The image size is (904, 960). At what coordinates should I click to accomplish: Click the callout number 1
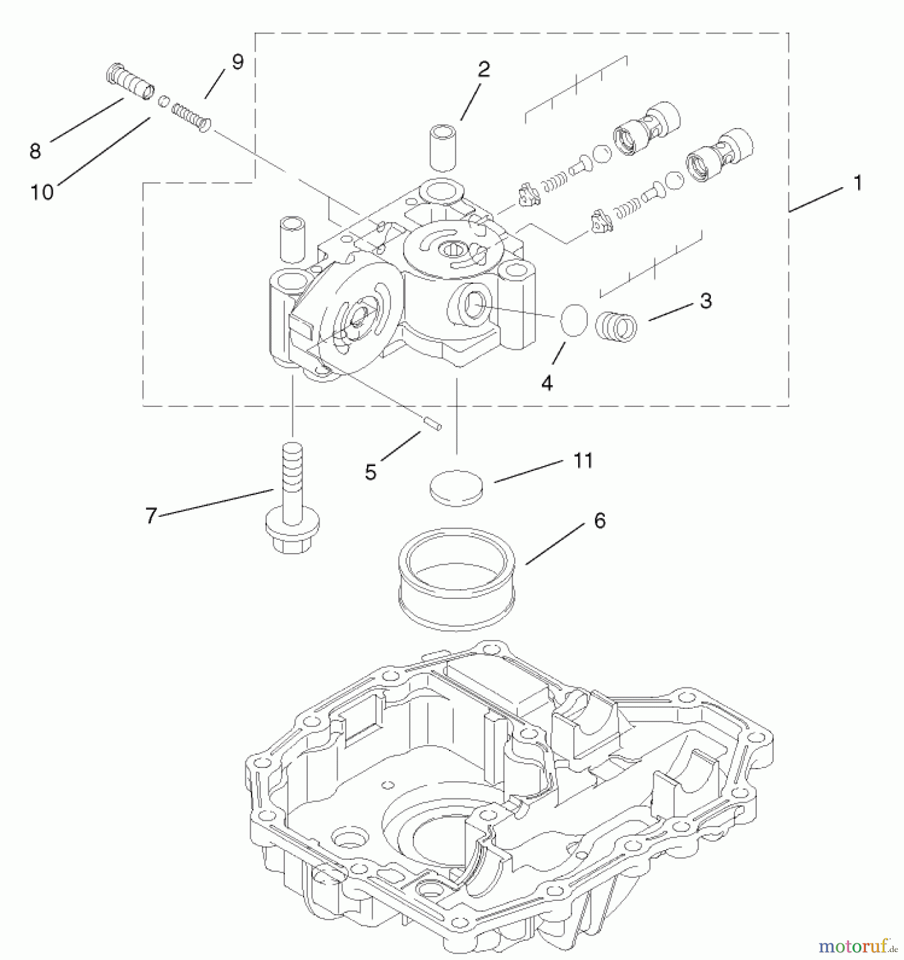click(x=858, y=184)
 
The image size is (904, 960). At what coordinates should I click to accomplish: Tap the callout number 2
click(x=483, y=69)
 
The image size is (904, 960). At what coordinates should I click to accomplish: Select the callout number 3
click(x=706, y=301)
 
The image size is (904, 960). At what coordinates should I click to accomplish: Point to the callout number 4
click(x=547, y=382)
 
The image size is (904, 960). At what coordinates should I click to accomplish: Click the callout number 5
click(x=371, y=472)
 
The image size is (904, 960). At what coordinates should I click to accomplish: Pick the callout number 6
click(x=599, y=521)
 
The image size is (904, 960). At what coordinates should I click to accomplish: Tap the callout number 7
click(x=151, y=516)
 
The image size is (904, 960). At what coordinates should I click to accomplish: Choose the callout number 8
click(x=35, y=151)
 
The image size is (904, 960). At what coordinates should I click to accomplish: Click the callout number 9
click(x=237, y=62)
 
